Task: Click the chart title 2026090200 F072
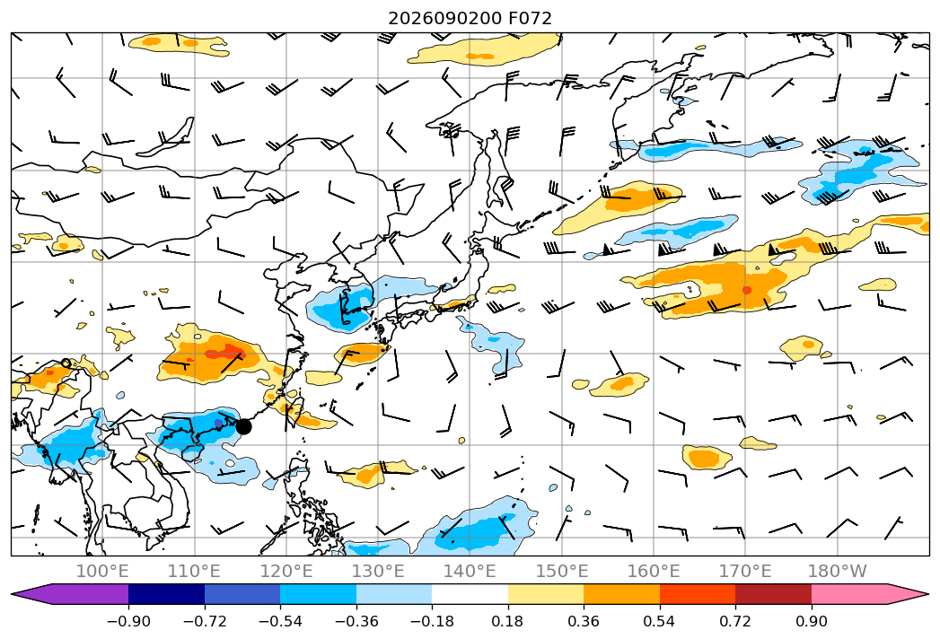[470, 19]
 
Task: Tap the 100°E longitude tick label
[102, 571]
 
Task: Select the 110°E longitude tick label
[194, 571]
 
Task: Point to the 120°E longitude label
[286, 571]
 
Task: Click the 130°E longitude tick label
[378, 571]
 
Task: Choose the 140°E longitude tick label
[470, 571]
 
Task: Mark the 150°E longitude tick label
[562, 571]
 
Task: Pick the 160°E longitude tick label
[654, 571]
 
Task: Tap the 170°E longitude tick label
[745, 571]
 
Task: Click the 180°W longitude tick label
[837, 571]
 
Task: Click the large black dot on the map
[243, 427]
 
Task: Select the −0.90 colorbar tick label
[128, 621]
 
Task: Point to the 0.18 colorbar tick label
[508, 621]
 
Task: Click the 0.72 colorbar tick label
[735, 621]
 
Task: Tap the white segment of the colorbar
[470, 594]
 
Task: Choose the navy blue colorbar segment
[166, 594]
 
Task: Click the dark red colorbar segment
[773, 594]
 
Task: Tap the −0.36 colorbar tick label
[356, 621]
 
